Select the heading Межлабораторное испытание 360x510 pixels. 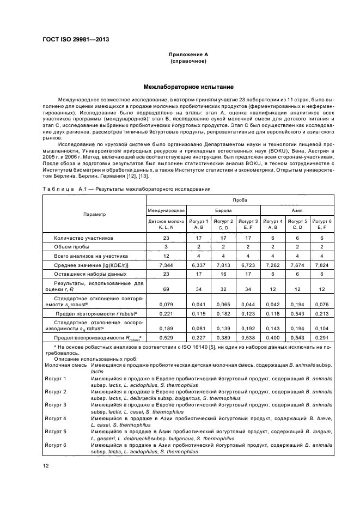(180, 87)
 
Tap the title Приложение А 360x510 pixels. (188, 54)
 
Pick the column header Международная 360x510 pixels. (167, 209)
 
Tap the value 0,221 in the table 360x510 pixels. (167, 315)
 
